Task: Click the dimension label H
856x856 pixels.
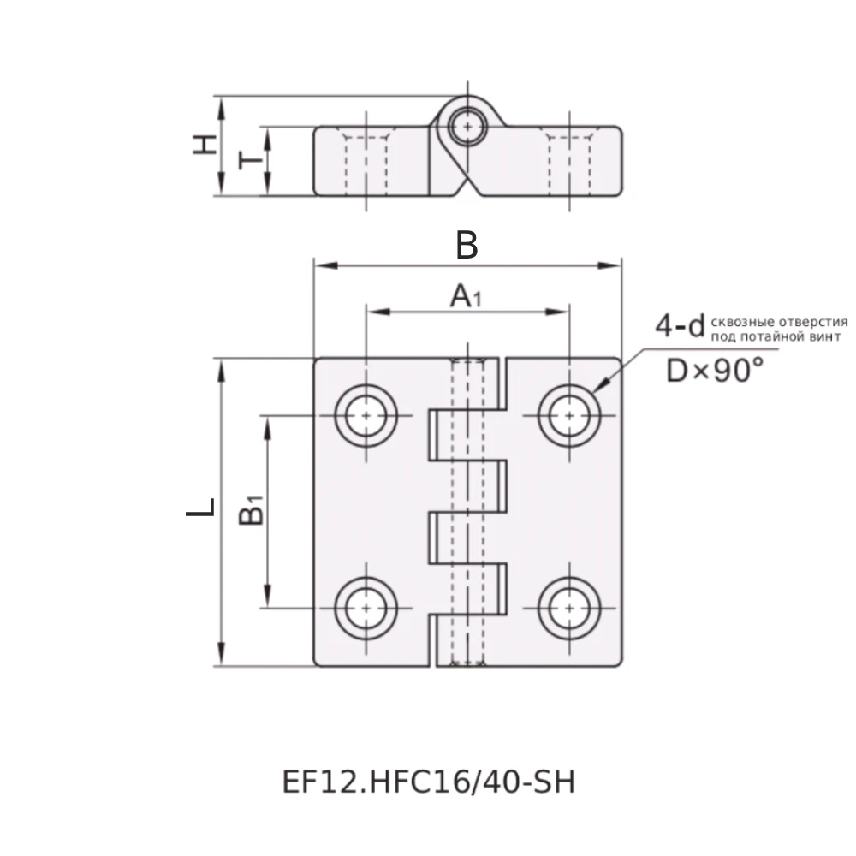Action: point(204,144)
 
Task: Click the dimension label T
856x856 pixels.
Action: point(249,160)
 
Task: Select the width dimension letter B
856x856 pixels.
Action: point(467,246)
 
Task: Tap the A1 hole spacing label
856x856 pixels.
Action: point(466,297)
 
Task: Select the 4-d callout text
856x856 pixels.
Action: point(679,326)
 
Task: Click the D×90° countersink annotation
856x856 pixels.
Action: point(715,371)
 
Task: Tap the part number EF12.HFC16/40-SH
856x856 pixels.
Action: point(428,782)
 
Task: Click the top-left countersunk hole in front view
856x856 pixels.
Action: point(366,415)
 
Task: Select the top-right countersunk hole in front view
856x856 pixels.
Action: point(568,415)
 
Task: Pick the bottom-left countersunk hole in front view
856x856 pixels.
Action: point(366,609)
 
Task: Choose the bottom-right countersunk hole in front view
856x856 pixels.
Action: point(568,609)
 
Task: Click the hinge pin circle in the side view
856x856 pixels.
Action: point(467,127)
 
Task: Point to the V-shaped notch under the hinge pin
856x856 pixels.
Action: point(467,185)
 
